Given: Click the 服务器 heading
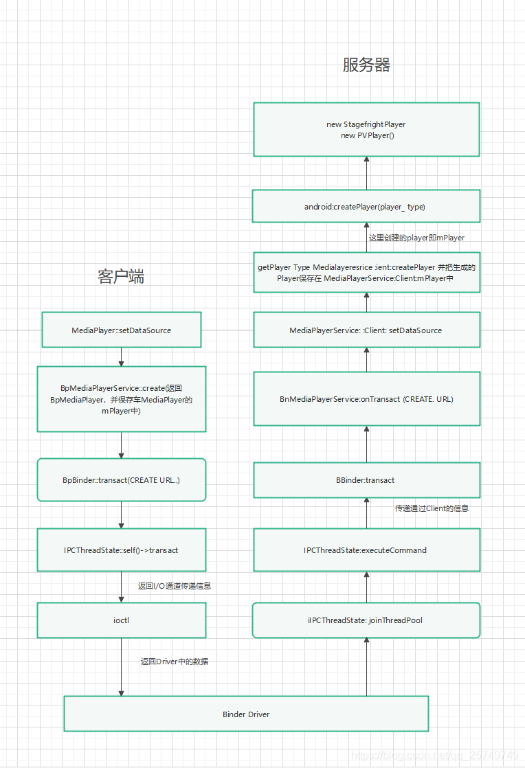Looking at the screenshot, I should click(366, 65).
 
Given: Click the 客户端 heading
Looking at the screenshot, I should click(121, 277).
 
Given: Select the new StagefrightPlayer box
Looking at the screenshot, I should click(366, 130).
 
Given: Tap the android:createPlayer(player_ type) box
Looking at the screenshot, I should click(366, 207).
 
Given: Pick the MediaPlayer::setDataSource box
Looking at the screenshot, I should click(122, 330).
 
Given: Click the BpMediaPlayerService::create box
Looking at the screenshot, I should click(122, 399).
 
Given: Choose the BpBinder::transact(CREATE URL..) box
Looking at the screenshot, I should click(122, 479).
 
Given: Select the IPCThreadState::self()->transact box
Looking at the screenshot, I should click(122, 550).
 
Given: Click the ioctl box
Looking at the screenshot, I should click(122, 620).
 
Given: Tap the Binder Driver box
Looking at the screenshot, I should click(246, 714).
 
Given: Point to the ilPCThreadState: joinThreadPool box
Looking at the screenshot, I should click(366, 620).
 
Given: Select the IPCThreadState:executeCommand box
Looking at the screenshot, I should click(366, 550).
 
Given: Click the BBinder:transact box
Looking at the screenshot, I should click(366, 480).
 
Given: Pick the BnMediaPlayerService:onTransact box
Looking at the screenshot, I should click(366, 399).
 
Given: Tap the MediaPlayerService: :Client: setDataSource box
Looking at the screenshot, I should click(366, 330).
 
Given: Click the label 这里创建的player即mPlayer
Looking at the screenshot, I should click(416, 238).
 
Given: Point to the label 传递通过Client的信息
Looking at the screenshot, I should click(432, 508).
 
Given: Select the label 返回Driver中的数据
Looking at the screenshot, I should click(175, 662).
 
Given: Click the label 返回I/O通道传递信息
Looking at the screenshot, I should click(175, 586).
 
